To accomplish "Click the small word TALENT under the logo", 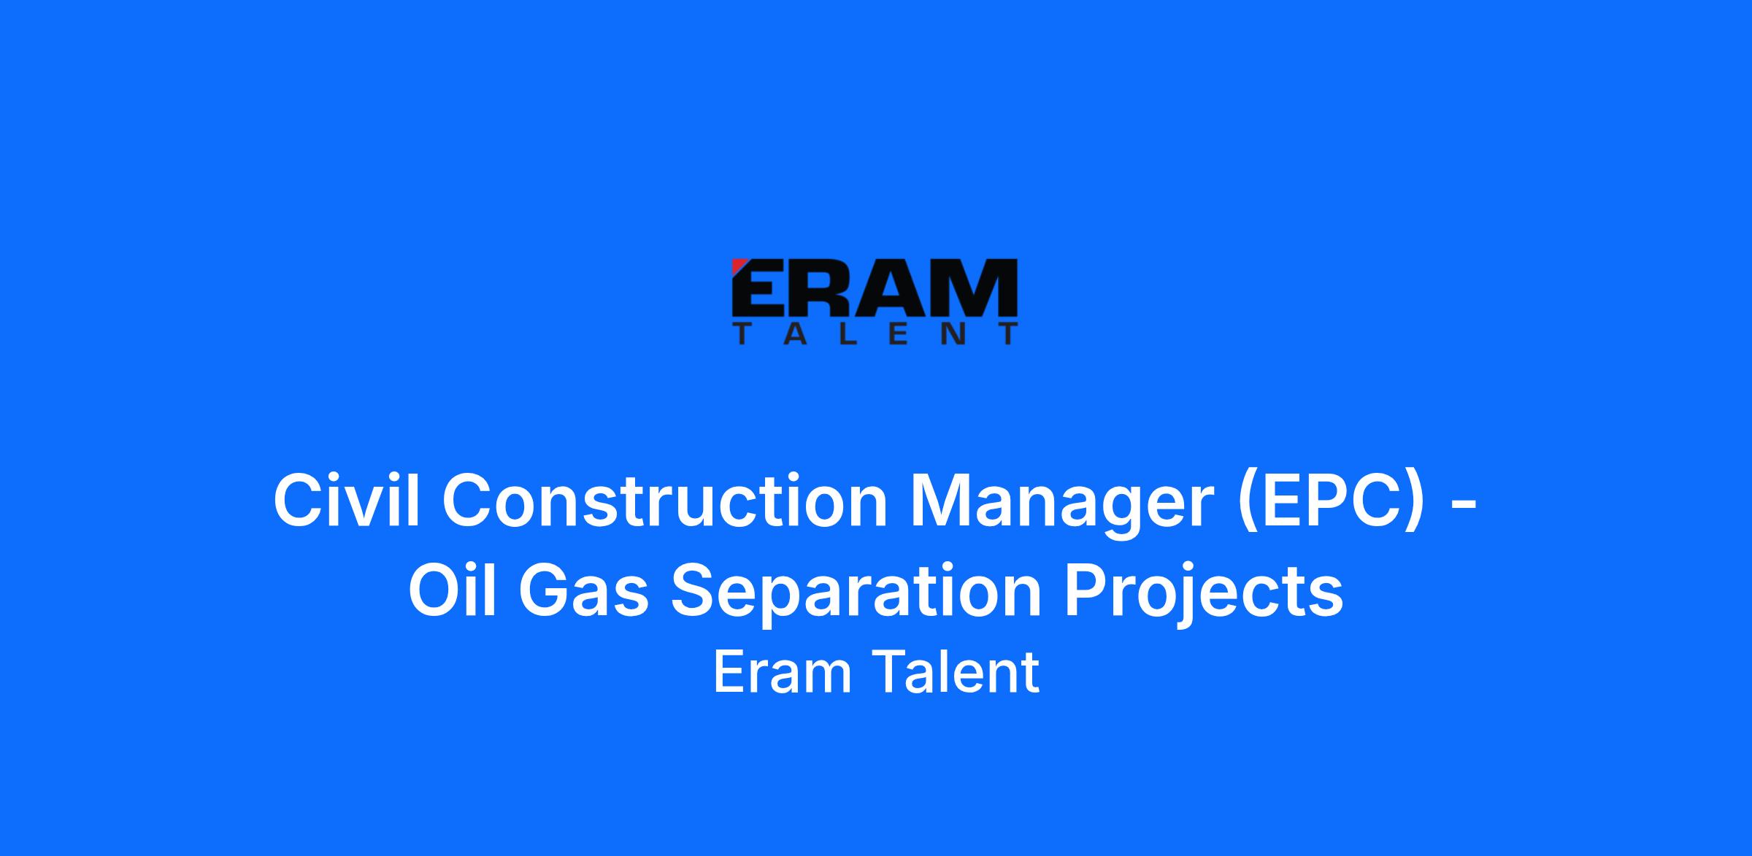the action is (875, 334).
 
